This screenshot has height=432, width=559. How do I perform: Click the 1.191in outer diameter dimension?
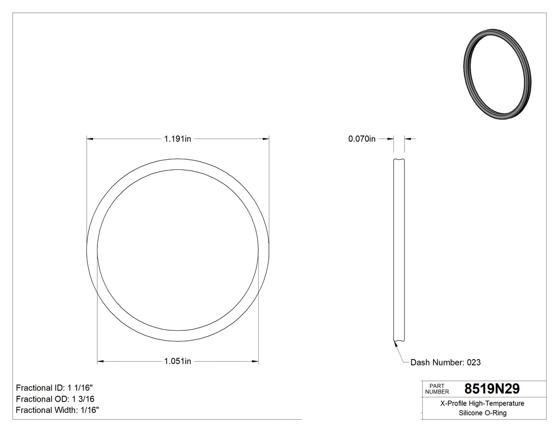177,139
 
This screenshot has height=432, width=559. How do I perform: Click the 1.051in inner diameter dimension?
177,361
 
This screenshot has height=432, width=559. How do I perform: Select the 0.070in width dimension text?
362,139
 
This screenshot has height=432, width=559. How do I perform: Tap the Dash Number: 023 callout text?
445,362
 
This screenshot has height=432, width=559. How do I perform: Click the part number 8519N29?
492,388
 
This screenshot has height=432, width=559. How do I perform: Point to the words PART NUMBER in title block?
437,389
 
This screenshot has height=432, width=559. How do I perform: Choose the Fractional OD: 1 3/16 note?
55,399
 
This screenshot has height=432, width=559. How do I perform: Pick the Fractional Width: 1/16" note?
57,410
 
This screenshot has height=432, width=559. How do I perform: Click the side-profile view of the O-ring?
399,250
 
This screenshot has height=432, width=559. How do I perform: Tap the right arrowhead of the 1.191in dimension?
266,139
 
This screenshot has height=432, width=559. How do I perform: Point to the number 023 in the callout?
474,362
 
